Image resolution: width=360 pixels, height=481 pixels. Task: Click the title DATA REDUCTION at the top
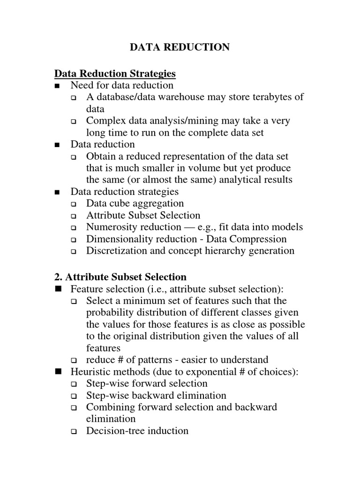(180, 47)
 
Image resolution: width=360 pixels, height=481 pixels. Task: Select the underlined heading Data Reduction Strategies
(115, 73)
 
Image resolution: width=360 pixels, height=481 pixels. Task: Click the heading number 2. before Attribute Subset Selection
(59, 277)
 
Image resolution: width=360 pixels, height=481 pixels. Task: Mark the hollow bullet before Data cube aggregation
(74, 204)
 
